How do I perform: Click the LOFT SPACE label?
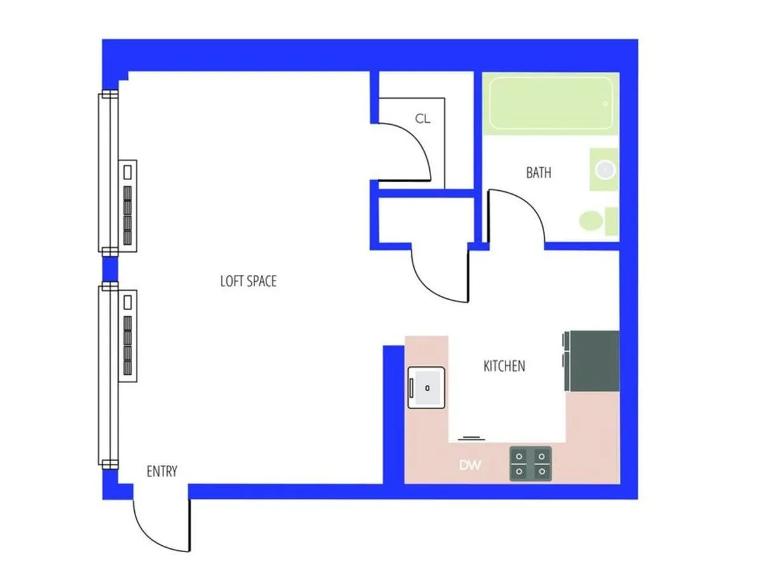click(x=249, y=281)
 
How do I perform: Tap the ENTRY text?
click(x=162, y=471)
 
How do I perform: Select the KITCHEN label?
click(x=504, y=366)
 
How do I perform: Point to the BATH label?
click(x=539, y=172)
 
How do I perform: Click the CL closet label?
click(x=423, y=118)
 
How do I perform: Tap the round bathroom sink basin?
click(x=605, y=169)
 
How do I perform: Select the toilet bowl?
click(x=591, y=221)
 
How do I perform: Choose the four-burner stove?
click(x=530, y=463)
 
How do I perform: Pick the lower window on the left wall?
click(x=107, y=375)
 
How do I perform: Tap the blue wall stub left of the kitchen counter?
click(x=393, y=414)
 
